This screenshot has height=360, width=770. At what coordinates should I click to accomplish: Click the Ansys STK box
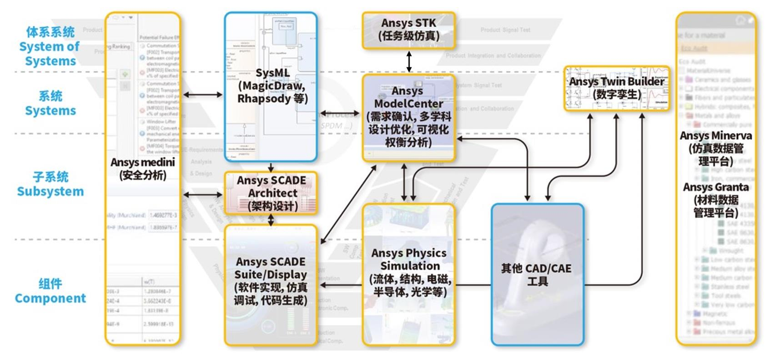click(x=409, y=30)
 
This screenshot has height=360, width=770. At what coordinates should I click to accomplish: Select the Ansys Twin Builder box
click(x=617, y=88)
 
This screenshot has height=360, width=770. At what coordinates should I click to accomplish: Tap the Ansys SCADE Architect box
click(x=271, y=193)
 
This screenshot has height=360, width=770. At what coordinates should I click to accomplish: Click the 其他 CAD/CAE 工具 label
click(x=537, y=273)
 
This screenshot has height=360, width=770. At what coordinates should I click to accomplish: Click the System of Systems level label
click(x=50, y=47)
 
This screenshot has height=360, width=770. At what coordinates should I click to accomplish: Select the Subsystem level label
click(x=50, y=185)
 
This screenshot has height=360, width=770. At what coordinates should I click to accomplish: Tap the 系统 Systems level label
click(x=50, y=104)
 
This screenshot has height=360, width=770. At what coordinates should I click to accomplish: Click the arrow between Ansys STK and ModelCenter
click(x=409, y=62)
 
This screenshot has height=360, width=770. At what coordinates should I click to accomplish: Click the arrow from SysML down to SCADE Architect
click(x=271, y=166)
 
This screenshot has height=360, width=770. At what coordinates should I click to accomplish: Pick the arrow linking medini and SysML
click(x=203, y=95)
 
